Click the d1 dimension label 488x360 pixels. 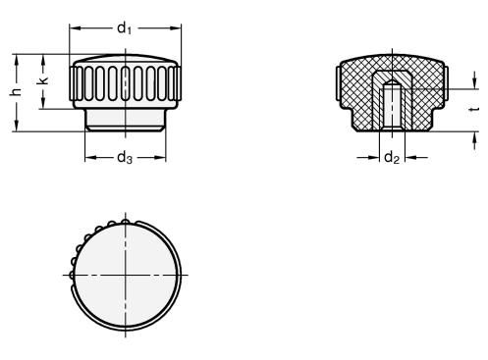coord(125,28)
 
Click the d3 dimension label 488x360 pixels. coord(125,158)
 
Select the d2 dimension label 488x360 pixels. coord(392,158)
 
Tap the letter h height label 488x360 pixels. coord(16,92)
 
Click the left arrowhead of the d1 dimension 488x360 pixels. coord(75,28)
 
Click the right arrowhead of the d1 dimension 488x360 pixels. coord(176,28)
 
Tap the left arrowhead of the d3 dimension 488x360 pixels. coord(90,158)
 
